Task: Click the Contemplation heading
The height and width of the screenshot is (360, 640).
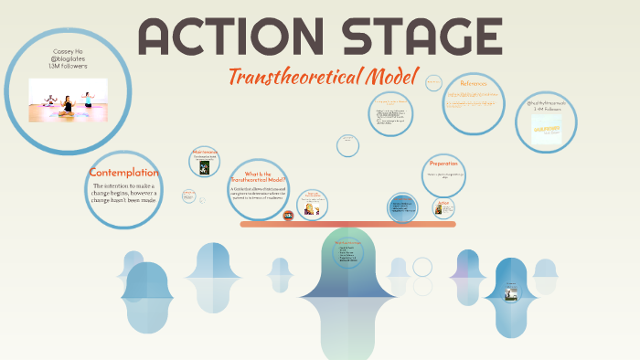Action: coord(123,173)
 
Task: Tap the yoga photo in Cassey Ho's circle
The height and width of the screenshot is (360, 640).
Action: coord(68,99)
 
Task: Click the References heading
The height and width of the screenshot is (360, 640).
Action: coord(473,84)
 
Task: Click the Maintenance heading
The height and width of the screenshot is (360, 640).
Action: coord(204,152)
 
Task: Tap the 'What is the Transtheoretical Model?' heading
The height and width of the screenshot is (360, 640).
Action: coord(259,176)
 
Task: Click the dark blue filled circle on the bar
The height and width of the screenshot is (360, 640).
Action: coord(401,207)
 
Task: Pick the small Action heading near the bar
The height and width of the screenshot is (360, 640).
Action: coord(443,202)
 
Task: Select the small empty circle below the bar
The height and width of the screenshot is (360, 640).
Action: coord(421,266)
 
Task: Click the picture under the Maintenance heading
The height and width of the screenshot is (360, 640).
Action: coord(205,167)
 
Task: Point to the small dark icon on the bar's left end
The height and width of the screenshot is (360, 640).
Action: coord(289,216)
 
